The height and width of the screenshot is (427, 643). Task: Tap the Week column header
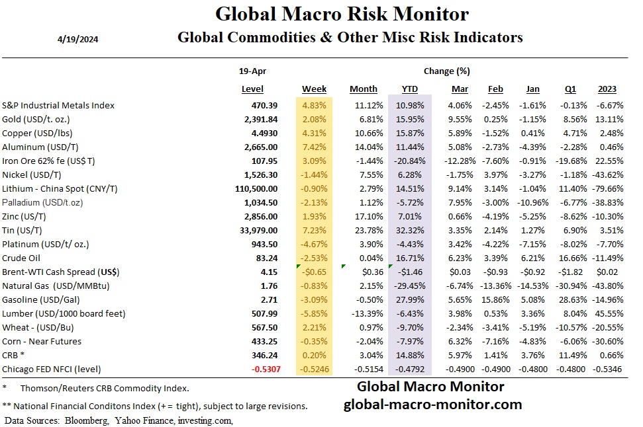point(314,89)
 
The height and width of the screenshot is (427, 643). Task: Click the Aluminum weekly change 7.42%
point(314,147)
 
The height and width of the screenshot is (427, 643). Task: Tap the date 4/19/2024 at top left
point(79,38)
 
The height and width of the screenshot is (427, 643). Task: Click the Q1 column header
point(570,89)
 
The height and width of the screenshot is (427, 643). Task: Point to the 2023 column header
point(607,89)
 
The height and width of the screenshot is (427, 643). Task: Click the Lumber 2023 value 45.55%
point(607,313)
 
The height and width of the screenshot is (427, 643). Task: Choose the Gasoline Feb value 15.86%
point(495,299)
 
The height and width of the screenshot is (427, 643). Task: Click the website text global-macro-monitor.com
point(432,404)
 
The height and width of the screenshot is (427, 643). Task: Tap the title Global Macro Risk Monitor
point(342,14)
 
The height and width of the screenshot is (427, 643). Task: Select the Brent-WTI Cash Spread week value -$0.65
point(315,272)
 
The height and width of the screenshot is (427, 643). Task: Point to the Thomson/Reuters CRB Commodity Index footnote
point(105,388)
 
